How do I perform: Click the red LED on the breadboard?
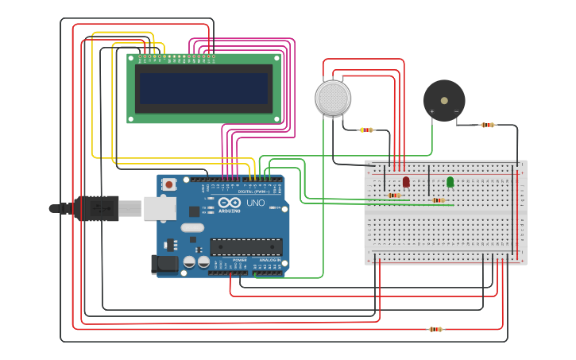[406, 182]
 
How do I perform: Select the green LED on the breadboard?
[450, 182]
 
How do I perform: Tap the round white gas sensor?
[333, 98]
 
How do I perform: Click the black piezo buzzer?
[444, 100]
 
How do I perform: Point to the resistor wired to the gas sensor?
[366, 130]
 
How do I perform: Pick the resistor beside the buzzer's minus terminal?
[488, 125]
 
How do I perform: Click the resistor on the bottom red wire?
[435, 329]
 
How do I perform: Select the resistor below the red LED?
[394, 195]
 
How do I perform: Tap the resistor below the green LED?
[439, 200]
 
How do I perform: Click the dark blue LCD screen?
[205, 88]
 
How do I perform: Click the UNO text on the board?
[256, 203]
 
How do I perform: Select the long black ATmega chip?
[245, 246]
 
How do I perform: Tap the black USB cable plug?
[96, 208]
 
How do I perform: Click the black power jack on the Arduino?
[164, 264]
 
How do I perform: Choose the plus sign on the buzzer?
[432, 111]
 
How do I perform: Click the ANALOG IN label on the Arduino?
[269, 260]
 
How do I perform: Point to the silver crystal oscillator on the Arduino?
[191, 227]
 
